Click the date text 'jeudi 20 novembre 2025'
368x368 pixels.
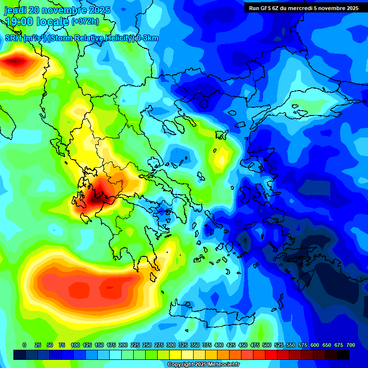[57, 10]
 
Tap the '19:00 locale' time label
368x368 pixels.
[37, 22]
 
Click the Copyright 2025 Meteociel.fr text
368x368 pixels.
[203, 365]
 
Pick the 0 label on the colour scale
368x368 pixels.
[24, 345]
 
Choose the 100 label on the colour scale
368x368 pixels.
[75, 345]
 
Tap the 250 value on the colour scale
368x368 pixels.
[147, 345]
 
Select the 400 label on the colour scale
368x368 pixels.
[219, 345]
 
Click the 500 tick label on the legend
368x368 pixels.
[267, 345]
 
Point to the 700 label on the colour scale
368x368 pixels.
[351, 345]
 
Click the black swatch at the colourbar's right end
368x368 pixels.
[343, 355]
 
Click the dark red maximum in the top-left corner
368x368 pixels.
[17, 61]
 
